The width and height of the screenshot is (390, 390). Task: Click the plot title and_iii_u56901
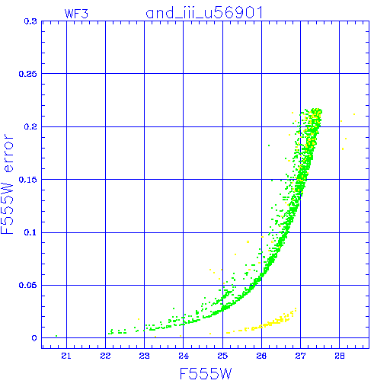tap(204, 13)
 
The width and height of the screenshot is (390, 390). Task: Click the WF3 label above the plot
tap(76, 14)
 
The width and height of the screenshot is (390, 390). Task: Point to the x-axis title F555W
tap(206, 374)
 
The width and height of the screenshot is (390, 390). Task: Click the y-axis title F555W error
tap(7, 184)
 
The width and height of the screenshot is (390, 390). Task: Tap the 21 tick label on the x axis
tap(66, 356)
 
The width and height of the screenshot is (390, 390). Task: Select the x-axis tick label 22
tap(105, 356)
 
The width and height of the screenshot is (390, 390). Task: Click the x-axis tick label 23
tap(144, 356)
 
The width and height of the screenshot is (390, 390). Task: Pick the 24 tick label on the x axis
tap(184, 356)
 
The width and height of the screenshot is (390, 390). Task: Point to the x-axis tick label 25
tap(222, 356)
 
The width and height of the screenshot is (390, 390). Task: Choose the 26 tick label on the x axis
tap(261, 356)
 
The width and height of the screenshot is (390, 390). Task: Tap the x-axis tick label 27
tap(300, 356)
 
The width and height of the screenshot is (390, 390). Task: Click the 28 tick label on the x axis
tap(340, 356)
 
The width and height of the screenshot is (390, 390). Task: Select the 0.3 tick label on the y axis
tap(30, 21)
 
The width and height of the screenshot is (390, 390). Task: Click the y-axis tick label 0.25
tap(28, 74)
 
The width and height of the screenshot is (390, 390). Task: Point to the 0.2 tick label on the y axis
tap(30, 126)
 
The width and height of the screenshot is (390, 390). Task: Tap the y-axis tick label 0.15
tap(28, 180)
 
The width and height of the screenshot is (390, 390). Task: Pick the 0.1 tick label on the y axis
tap(30, 232)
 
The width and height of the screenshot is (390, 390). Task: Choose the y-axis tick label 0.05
tap(28, 285)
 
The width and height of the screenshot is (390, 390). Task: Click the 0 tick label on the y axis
tap(34, 338)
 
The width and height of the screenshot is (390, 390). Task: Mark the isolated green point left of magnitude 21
tap(56, 336)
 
